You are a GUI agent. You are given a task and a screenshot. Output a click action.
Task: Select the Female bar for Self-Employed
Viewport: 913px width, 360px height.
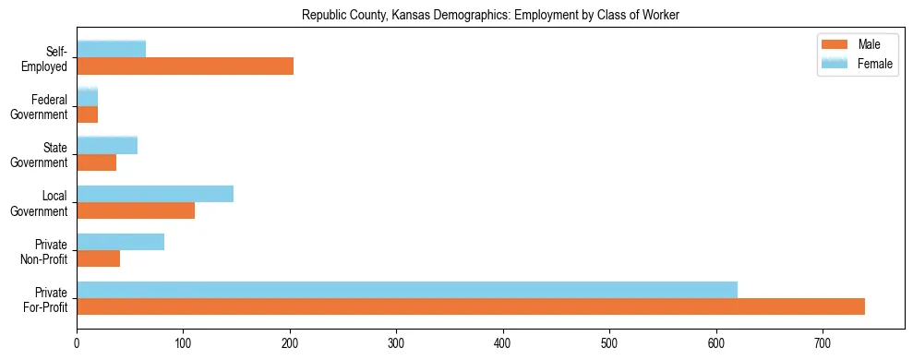tap(111, 49)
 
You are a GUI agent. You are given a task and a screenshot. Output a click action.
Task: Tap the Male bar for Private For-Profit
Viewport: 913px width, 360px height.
tap(471, 306)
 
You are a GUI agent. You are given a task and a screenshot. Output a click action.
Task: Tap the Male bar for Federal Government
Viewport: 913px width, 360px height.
tap(87, 114)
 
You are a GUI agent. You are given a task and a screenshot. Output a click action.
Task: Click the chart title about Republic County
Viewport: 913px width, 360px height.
tap(490, 16)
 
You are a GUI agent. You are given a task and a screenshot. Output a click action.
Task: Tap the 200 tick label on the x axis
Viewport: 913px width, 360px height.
tap(290, 342)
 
